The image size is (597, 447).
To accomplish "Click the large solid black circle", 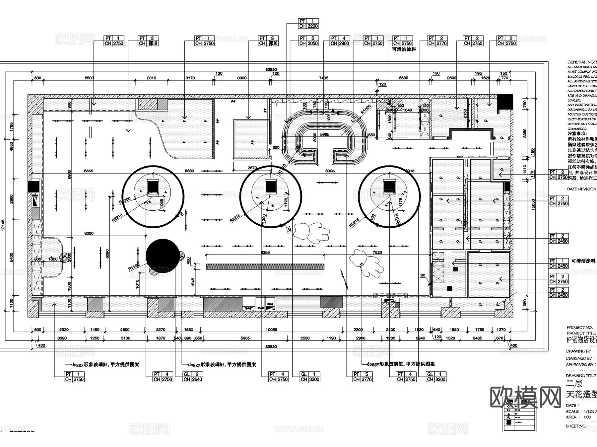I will [163, 256].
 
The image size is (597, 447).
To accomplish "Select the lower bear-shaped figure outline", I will [367, 263].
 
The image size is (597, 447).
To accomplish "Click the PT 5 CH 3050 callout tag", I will [308, 41].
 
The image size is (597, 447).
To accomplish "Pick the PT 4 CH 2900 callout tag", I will [340, 41].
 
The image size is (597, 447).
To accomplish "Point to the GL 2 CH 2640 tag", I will [192, 377].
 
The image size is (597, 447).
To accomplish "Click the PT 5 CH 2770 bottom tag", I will [363, 377].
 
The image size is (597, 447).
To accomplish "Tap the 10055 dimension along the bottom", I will [271, 330].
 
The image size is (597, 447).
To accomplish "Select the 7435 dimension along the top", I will [323, 78].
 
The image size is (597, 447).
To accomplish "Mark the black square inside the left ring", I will [153, 187].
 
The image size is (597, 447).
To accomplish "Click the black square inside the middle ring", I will [270, 186].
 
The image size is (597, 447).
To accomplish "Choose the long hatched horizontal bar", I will [265, 266].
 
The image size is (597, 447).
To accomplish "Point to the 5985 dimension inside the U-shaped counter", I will [325, 134].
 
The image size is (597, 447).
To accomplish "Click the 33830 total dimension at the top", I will [271, 70].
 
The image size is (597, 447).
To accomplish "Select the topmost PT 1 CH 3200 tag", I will [308, 24].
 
